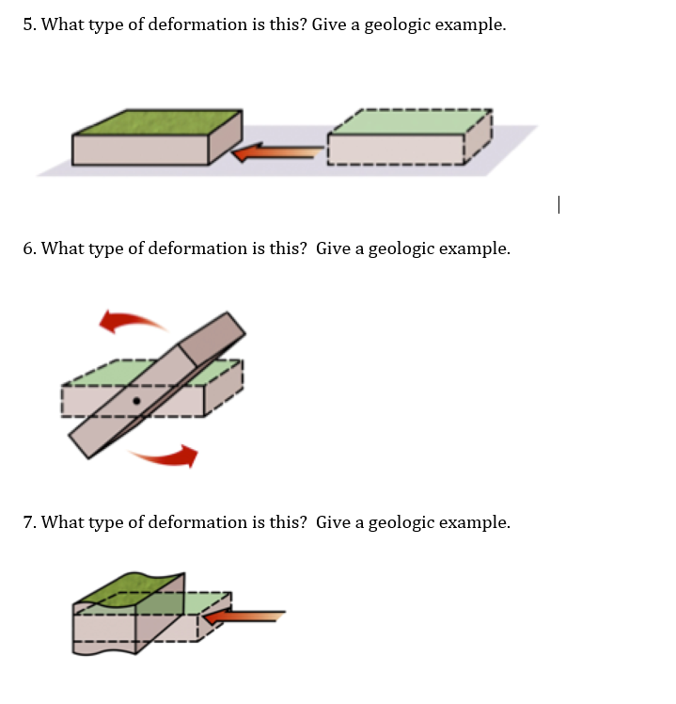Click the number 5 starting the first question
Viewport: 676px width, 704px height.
tap(28, 25)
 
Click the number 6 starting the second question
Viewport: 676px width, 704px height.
tap(28, 249)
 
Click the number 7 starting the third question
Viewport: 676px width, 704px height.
tap(28, 522)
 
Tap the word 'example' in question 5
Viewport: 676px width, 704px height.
tap(470, 25)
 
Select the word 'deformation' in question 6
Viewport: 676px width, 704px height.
tap(176, 249)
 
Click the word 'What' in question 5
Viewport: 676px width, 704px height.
tap(63, 25)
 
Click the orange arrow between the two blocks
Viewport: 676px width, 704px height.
tap(277, 152)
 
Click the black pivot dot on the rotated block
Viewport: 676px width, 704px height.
tap(137, 401)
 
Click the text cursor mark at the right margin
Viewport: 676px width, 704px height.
tap(558, 204)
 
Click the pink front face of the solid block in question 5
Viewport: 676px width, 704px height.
tap(141, 150)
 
